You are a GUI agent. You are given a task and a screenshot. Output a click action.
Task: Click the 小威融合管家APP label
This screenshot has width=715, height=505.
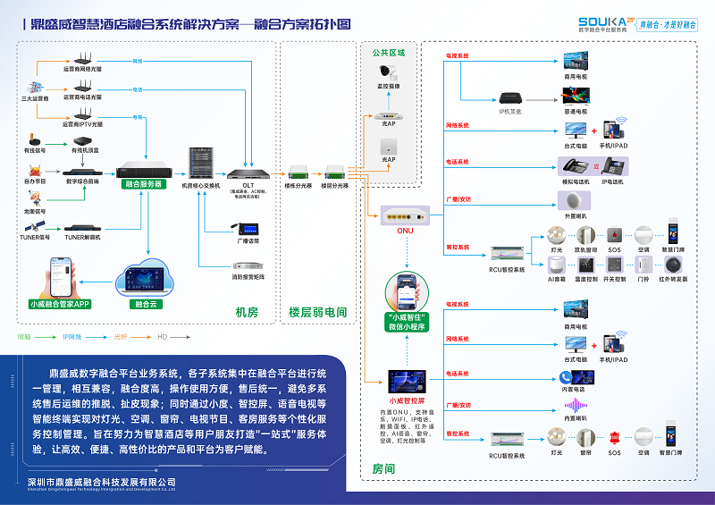59,304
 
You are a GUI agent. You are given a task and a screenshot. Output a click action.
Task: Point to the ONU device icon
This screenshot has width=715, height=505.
399,215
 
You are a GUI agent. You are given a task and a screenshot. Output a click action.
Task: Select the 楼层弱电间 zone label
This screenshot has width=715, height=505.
317,312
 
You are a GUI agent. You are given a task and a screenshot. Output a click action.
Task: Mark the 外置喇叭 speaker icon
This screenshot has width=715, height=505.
576,203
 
